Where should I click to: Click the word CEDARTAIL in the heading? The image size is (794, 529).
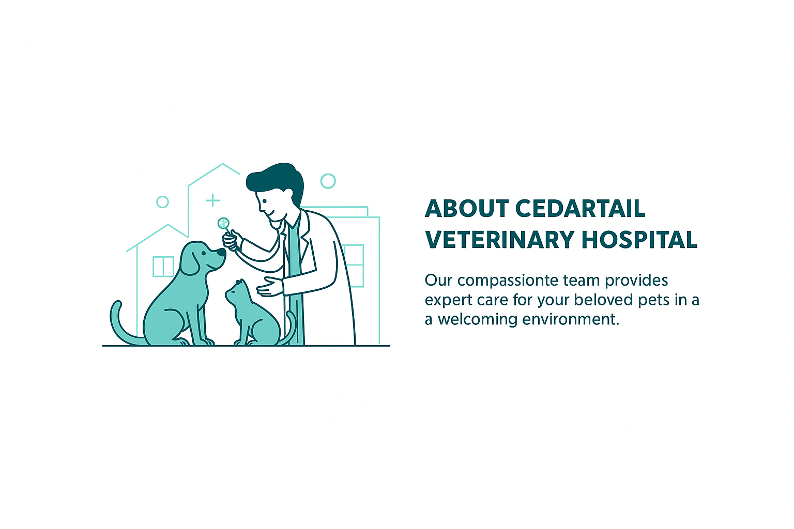point(581,209)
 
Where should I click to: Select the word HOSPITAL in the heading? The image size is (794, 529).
point(639,240)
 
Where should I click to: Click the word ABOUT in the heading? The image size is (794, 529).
point(467,209)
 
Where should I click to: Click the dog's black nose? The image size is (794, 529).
point(221,253)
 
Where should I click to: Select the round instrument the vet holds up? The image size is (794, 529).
point(223,223)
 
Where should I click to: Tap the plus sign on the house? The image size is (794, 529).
point(212,200)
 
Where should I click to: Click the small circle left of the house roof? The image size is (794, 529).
point(162,202)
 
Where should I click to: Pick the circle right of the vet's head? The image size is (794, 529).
point(328,181)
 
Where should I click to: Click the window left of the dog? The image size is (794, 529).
point(163,267)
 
